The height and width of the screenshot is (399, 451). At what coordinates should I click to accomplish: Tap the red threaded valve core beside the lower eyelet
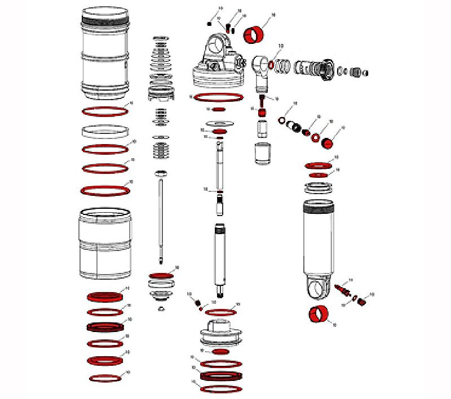point(343,290)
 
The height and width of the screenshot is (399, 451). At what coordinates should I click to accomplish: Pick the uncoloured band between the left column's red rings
point(104,132)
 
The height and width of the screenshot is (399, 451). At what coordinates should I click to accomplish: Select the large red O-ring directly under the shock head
point(219,98)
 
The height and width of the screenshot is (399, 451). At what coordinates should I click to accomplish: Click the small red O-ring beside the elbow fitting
point(272,65)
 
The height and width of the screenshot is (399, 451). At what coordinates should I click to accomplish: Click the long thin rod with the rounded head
point(162,217)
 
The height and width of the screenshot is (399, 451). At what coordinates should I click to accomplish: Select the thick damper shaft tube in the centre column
point(220,256)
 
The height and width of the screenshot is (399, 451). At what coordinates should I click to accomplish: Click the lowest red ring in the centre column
point(221,389)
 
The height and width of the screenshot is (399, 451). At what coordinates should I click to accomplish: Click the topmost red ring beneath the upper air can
point(105,111)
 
